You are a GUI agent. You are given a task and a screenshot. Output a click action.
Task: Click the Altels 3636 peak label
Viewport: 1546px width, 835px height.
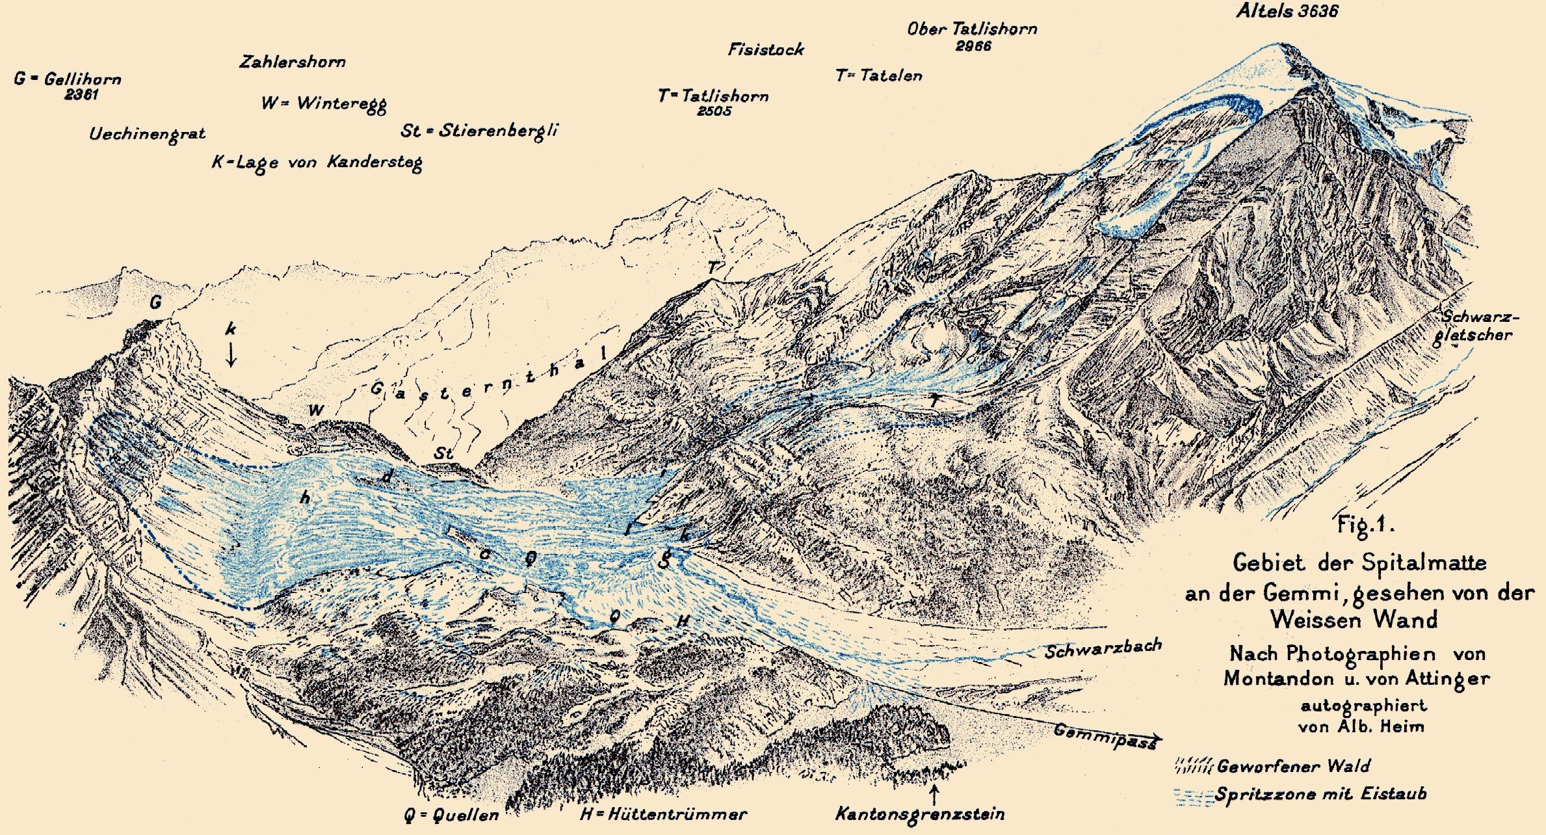pyautogui.click(x=1287, y=11)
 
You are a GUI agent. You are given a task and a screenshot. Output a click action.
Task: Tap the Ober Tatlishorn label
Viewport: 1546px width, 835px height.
pyautogui.click(x=972, y=29)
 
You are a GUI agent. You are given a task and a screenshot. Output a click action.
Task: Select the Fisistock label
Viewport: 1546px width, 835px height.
pyautogui.click(x=765, y=49)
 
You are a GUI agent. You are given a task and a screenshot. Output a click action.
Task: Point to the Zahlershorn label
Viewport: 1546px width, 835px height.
pyautogui.click(x=293, y=62)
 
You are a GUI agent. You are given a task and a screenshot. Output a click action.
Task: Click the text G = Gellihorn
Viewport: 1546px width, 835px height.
pyautogui.click(x=68, y=79)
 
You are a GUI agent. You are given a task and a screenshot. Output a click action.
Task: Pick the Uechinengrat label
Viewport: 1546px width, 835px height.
pyautogui.click(x=147, y=135)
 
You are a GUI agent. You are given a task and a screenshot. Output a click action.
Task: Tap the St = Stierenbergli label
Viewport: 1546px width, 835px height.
pyautogui.click(x=479, y=131)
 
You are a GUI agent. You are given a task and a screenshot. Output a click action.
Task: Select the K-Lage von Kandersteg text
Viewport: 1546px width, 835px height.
pyautogui.click(x=317, y=163)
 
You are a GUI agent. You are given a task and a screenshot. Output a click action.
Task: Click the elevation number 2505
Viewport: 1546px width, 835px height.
pyautogui.click(x=714, y=111)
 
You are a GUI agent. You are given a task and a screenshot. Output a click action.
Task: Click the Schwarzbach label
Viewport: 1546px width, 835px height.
pyautogui.click(x=1103, y=649)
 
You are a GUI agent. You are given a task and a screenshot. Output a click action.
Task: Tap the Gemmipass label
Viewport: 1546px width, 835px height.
pyautogui.click(x=1105, y=736)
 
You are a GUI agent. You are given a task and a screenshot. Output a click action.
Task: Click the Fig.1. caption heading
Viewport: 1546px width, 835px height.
pyautogui.click(x=1365, y=524)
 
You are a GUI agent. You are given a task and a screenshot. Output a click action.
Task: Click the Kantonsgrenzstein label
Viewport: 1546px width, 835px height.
pyautogui.click(x=919, y=814)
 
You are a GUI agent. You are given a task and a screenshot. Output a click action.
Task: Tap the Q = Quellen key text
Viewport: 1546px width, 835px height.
pyautogui.click(x=451, y=815)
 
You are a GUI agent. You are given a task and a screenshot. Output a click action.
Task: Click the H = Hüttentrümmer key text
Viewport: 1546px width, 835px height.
pyautogui.click(x=663, y=814)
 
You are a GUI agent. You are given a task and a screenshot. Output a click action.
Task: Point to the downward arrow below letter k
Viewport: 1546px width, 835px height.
pyautogui.click(x=231, y=355)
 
